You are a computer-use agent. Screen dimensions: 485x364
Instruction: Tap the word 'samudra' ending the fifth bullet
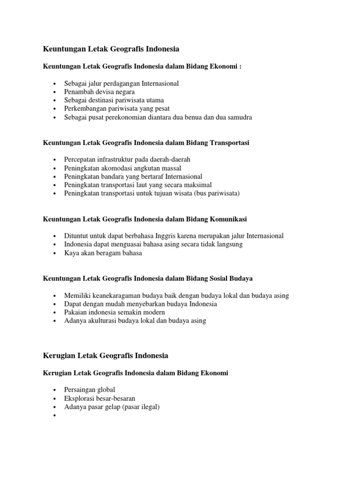coord(239,117)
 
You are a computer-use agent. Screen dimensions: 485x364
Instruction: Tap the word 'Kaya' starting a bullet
coord(72,253)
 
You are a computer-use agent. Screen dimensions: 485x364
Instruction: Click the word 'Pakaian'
coord(76,313)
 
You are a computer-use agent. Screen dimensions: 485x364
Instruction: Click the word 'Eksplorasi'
coord(81,398)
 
